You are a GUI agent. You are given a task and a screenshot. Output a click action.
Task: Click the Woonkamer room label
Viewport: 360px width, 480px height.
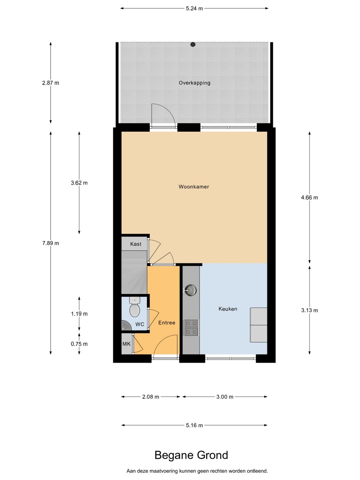pyautogui.click(x=194, y=187)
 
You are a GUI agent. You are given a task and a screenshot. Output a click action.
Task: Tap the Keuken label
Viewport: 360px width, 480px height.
pyautogui.click(x=228, y=309)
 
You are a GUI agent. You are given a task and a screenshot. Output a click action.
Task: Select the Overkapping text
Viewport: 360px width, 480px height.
pyautogui.click(x=195, y=83)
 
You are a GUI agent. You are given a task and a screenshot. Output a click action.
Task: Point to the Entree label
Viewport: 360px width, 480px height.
pyautogui.click(x=167, y=323)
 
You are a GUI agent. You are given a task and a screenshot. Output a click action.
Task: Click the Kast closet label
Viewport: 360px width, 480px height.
pyautogui.click(x=136, y=244)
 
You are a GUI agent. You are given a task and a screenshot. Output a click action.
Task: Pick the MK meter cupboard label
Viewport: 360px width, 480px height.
pyautogui.click(x=126, y=344)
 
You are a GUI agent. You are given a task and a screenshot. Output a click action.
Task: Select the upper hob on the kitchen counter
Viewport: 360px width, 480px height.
pyautogui.click(x=191, y=323)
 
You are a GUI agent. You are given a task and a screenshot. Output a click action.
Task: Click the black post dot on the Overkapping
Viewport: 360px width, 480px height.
pyautogui.click(x=193, y=44)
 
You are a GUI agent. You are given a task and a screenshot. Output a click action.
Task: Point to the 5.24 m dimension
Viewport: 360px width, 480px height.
pyautogui.click(x=194, y=9)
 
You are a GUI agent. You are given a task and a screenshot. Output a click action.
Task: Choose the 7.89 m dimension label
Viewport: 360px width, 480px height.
pyautogui.click(x=51, y=243)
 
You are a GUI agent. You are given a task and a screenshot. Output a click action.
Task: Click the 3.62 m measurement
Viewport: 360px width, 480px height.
pyautogui.click(x=79, y=183)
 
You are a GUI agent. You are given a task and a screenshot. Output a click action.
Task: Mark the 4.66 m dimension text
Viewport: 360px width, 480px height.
pyautogui.click(x=310, y=197)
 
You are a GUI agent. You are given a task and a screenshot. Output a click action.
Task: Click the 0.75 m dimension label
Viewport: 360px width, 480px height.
pyautogui.click(x=79, y=344)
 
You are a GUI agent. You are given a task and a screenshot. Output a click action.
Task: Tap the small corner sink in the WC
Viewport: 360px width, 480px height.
pyautogui.click(x=126, y=326)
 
